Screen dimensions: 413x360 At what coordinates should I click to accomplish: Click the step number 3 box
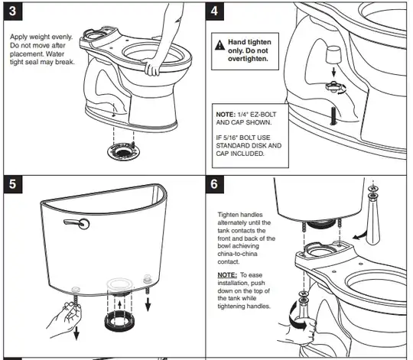point(13,11)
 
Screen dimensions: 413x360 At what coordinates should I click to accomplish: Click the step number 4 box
point(215,11)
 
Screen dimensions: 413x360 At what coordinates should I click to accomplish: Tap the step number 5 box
point(13,184)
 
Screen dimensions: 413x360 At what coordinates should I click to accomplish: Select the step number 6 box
point(215,184)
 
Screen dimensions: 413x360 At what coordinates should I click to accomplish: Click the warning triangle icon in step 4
point(220,45)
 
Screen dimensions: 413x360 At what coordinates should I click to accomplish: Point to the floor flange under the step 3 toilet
point(124,151)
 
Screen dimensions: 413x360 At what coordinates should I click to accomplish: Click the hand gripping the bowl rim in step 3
point(152,66)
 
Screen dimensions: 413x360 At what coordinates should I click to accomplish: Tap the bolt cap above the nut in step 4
point(333,54)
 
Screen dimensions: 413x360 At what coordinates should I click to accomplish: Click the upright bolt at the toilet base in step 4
point(333,115)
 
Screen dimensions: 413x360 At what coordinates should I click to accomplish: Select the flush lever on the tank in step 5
point(76,223)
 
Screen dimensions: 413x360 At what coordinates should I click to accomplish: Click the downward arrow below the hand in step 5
point(76,333)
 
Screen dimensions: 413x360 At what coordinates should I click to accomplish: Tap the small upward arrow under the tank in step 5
point(119,305)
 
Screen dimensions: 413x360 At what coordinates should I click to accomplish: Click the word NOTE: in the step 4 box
point(226,115)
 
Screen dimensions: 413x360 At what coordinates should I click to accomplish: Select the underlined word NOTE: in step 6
point(227,275)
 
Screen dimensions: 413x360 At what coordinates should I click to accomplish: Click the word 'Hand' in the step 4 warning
point(236,42)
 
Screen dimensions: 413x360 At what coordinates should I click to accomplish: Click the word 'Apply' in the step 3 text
point(18,37)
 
